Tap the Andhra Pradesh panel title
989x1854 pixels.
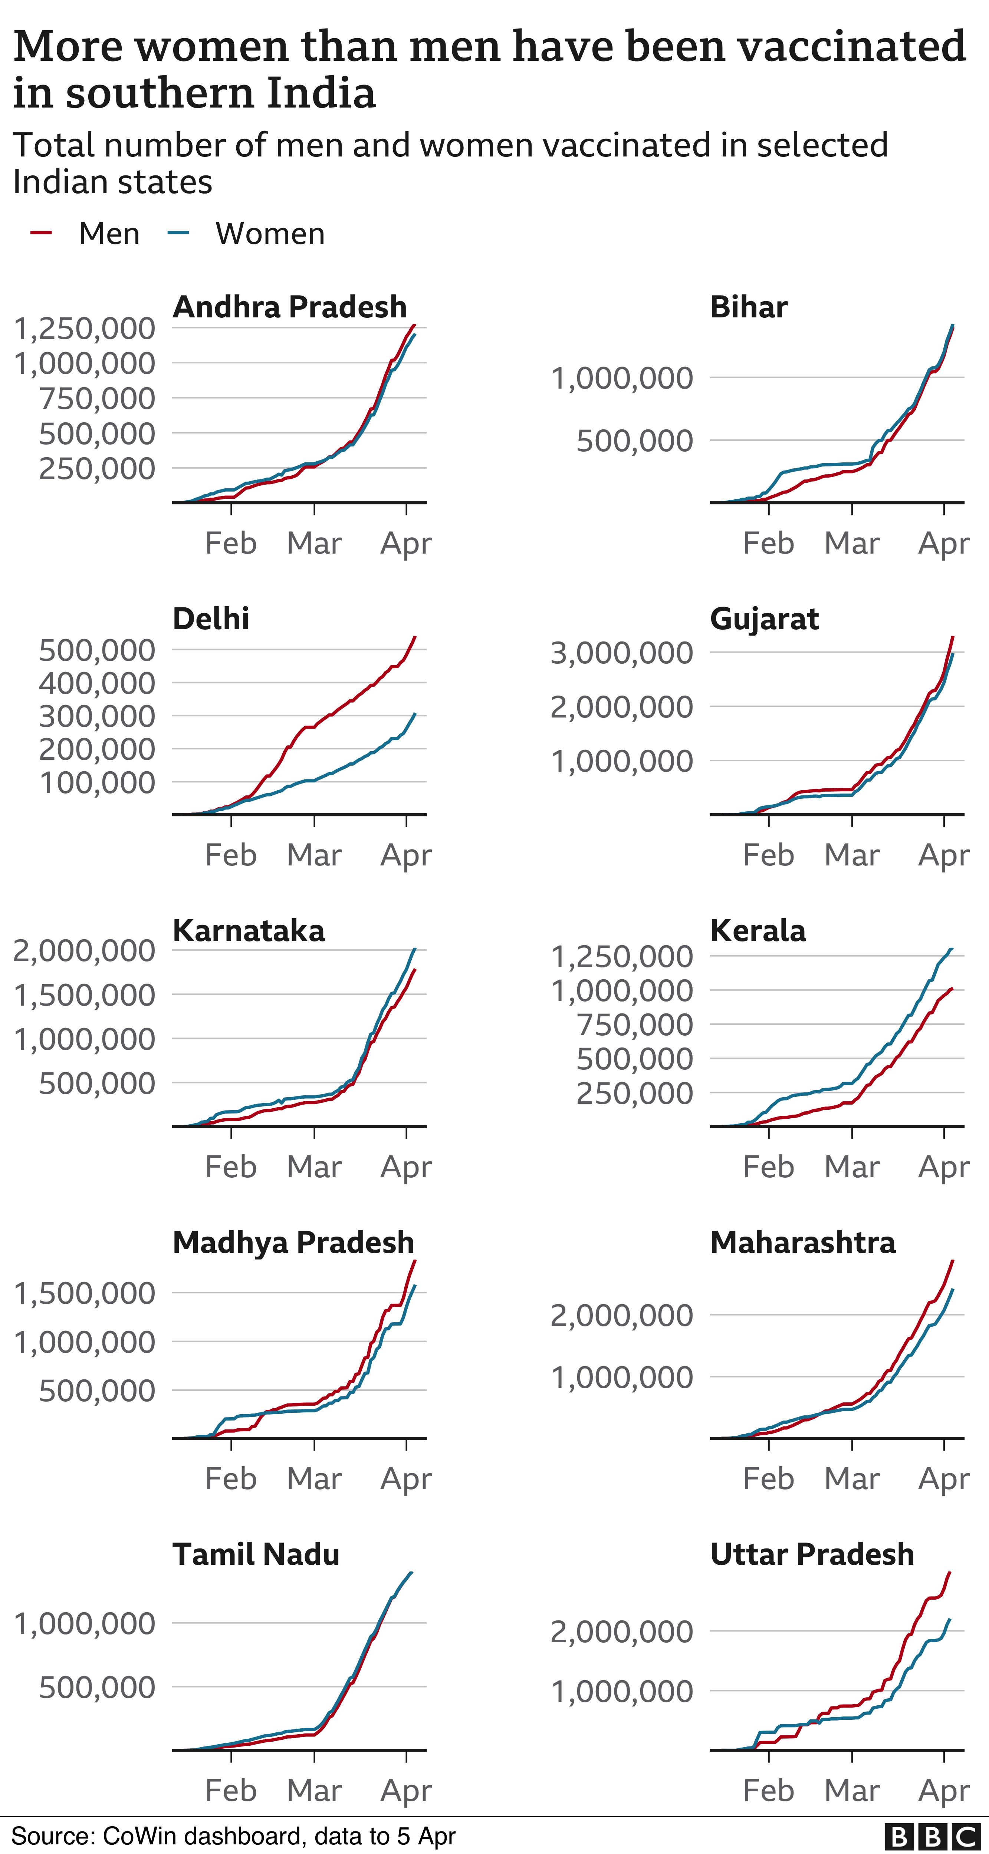tap(289, 307)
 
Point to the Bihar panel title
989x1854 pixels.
tap(749, 307)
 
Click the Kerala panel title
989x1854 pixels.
tap(758, 931)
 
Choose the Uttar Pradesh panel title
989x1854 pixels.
tap(812, 1554)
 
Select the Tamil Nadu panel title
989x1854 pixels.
tap(256, 1554)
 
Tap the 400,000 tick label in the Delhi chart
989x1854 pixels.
tap(97, 683)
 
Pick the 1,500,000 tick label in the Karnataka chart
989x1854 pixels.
tap(84, 995)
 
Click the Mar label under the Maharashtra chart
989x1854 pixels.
tap(851, 1478)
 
